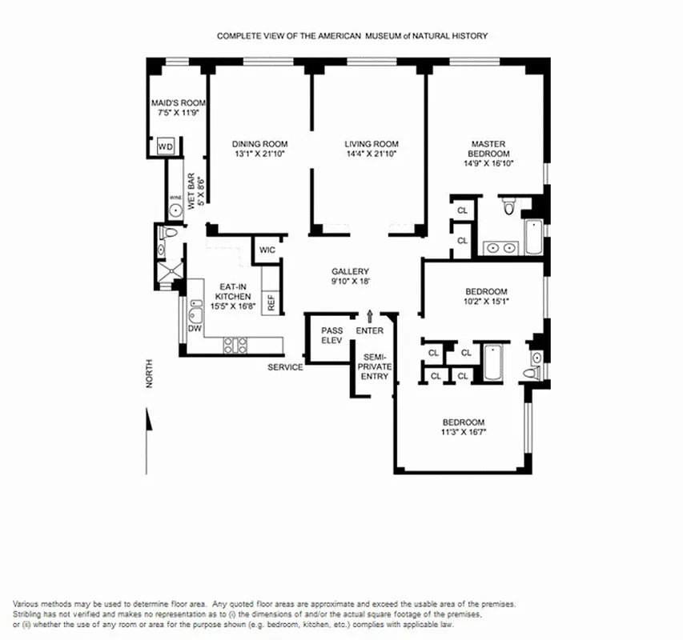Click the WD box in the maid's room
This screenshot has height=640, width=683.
(x=166, y=146)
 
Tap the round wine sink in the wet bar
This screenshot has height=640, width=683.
(x=175, y=211)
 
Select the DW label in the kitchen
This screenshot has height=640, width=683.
(x=193, y=328)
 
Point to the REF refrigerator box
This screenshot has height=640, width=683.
(x=271, y=302)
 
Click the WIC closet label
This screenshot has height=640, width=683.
(x=267, y=250)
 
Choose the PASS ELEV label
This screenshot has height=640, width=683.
(x=331, y=335)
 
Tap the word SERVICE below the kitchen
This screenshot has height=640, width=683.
(x=285, y=367)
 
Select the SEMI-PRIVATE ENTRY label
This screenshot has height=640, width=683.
(x=373, y=366)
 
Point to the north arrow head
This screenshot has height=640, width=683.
(x=148, y=418)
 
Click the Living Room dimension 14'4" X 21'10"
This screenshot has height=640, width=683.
(x=365, y=154)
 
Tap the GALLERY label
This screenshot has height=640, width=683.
(x=350, y=272)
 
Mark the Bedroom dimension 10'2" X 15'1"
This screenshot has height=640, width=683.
(x=487, y=301)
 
